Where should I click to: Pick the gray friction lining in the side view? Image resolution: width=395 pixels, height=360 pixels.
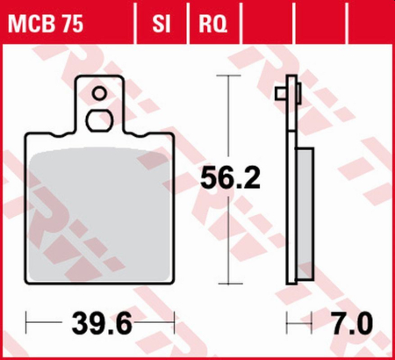tap(303, 211)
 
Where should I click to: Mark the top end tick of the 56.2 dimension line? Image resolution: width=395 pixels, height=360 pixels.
tap(230, 77)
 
